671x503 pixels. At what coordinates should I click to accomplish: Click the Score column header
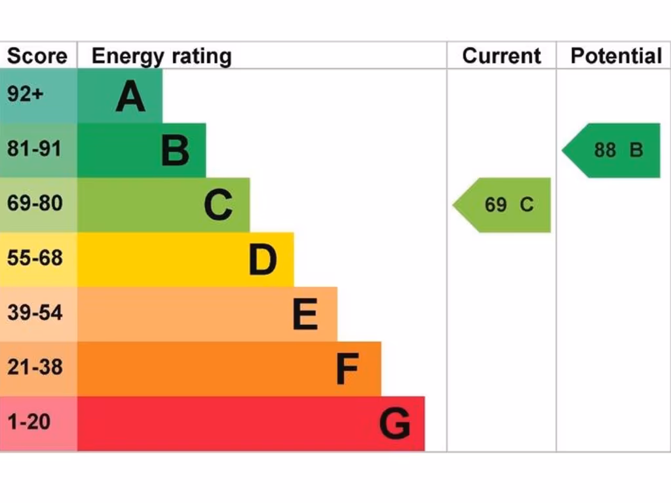click(x=37, y=56)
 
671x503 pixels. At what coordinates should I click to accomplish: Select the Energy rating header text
click(x=161, y=56)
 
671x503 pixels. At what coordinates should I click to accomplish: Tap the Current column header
click(x=501, y=56)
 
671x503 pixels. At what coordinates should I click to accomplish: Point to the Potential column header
click(x=616, y=56)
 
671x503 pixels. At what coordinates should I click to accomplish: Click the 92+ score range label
click(x=25, y=94)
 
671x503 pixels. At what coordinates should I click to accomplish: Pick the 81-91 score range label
click(x=34, y=149)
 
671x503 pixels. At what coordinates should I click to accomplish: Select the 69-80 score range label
click(x=35, y=204)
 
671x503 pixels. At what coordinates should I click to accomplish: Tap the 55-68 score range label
click(x=35, y=258)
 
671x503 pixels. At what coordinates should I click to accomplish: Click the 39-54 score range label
click(x=35, y=312)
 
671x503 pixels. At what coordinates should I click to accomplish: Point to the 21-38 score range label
click(x=35, y=367)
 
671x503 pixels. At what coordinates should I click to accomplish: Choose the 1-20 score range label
click(x=29, y=422)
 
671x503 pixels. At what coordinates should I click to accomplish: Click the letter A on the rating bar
click(x=130, y=97)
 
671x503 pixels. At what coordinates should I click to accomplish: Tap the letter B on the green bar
click(x=175, y=151)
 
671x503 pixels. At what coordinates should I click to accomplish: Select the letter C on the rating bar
click(x=218, y=206)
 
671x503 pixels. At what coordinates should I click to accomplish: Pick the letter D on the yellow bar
click(x=263, y=261)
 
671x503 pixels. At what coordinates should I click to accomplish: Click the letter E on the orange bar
click(x=305, y=315)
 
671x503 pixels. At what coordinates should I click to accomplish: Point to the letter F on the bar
click(x=347, y=369)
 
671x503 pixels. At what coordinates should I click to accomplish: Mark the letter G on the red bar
click(x=394, y=424)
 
